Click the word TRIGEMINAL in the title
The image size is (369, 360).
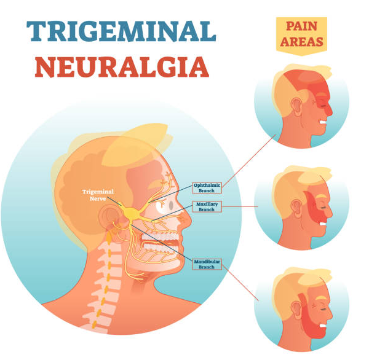click(121, 31)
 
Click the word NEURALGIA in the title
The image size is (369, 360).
click(122, 67)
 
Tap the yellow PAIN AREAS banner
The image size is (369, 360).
click(301, 35)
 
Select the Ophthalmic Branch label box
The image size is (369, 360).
click(207, 187)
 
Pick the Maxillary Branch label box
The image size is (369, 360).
click(207, 206)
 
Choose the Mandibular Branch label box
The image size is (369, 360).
click(207, 264)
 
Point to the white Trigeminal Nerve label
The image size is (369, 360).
click(98, 195)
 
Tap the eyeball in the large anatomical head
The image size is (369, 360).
click(164, 205)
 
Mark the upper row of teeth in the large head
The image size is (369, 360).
click(159, 236)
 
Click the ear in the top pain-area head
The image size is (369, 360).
click(296, 106)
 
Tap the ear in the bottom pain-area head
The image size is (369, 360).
click(296, 310)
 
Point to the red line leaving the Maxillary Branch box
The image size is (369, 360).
click(240, 206)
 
